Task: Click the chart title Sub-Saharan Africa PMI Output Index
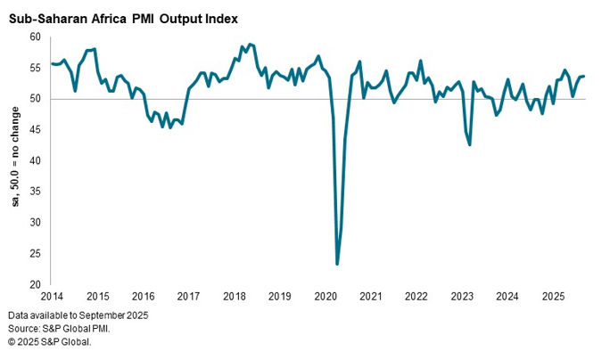tap(123, 18)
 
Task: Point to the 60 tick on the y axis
tap(36, 37)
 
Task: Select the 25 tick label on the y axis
tap(36, 254)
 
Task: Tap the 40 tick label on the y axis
tap(36, 160)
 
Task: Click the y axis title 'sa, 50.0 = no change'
tap(15, 160)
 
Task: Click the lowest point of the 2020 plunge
tap(337, 264)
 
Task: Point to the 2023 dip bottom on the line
tap(470, 144)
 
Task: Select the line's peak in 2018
tap(249, 44)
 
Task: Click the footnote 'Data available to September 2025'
tap(78, 316)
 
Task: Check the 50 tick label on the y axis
tap(36, 99)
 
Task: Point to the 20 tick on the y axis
tap(36, 284)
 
